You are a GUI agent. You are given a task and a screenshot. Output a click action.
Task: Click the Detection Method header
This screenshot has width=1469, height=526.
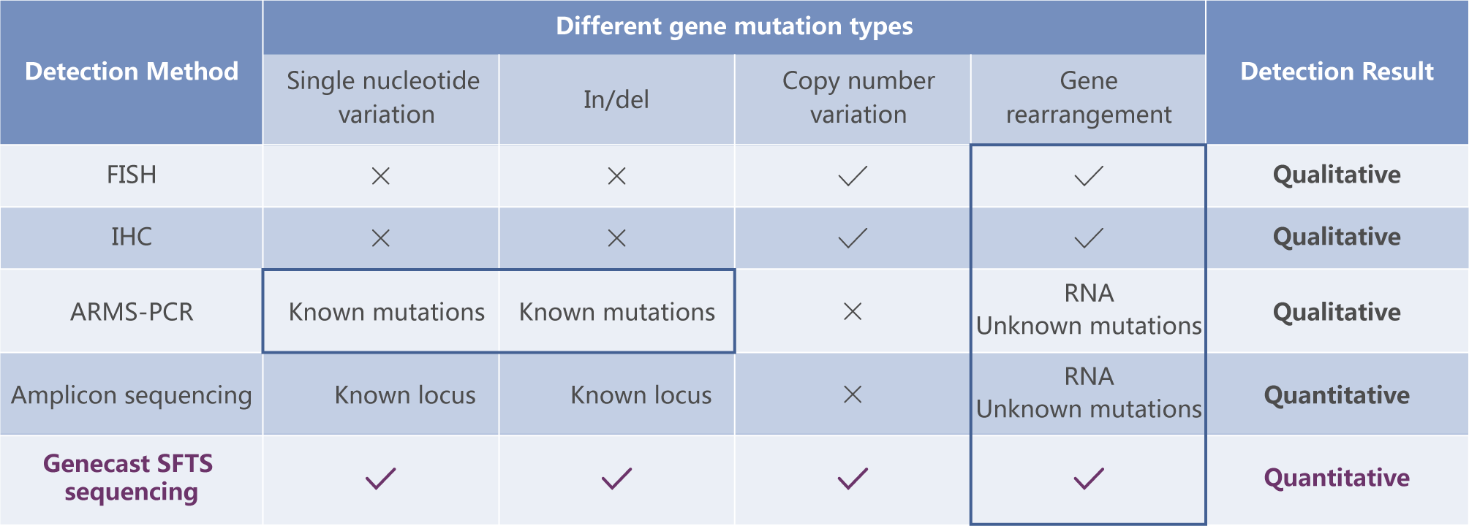(132, 72)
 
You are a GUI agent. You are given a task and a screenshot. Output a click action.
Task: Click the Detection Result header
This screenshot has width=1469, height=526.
(1337, 72)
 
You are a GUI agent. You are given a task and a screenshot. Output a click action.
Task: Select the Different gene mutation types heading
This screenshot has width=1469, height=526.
(734, 26)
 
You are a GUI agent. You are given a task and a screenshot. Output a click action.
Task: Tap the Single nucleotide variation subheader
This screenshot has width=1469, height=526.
(383, 97)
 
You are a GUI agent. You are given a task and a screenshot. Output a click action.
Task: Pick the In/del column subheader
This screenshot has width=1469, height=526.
(616, 99)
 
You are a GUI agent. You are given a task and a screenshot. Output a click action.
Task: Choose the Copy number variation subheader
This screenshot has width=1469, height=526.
(858, 97)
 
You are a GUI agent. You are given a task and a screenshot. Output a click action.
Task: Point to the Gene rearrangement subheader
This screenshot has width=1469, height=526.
(1089, 97)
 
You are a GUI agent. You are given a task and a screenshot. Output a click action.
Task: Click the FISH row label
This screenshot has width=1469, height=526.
(132, 175)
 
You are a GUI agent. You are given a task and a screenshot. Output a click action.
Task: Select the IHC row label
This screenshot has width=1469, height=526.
(132, 237)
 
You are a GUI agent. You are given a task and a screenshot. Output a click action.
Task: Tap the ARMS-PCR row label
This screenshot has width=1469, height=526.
(132, 312)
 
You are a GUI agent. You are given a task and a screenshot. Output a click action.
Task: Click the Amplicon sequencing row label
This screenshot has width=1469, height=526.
(132, 395)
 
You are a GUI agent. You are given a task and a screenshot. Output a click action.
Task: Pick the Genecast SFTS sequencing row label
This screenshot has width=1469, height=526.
(129, 478)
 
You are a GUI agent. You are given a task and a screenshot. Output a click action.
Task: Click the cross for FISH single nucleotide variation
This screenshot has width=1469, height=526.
(381, 176)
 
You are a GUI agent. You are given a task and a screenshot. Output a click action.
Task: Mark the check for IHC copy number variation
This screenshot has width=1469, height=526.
(853, 238)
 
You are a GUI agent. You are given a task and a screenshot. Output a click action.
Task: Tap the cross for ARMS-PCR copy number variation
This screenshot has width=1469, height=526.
(853, 312)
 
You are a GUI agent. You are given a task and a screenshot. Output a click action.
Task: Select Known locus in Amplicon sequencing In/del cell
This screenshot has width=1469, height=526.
(641, 395)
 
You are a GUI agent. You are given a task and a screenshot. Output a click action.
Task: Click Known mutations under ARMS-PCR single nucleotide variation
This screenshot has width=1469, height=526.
(387, 312)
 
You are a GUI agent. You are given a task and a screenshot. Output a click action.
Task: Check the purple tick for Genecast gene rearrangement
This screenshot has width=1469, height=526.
(1089, 479)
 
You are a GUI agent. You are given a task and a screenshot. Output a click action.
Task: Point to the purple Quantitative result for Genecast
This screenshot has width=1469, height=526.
(1337, 478)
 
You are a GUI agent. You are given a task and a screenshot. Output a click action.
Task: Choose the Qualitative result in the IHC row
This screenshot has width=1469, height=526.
(1337, 237)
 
